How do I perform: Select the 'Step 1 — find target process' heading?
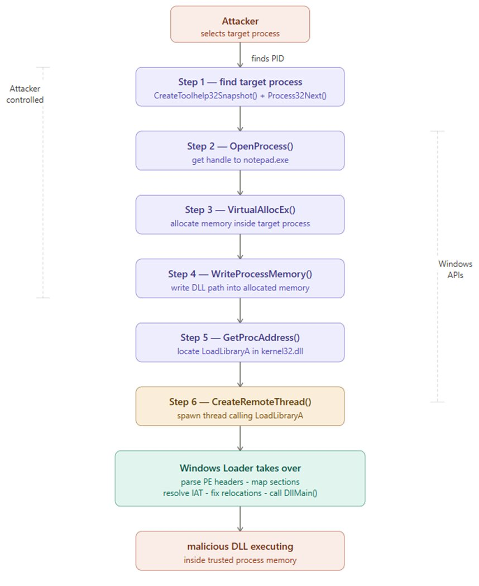[240, 82]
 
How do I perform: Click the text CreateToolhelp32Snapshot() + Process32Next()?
[240, 96]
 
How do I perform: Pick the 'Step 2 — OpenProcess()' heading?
[240, 146]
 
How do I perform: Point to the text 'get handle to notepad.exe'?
[240, 160]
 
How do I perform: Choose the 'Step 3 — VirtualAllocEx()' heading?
[240, 210]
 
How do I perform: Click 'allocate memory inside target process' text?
[240, 223]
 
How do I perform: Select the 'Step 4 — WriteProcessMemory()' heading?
[240, 274]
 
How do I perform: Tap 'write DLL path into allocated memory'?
[240, 288]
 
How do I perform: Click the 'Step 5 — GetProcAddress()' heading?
[240, 338]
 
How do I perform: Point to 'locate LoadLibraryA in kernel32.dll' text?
[240, 351]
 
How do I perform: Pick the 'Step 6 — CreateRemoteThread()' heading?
[240, 402]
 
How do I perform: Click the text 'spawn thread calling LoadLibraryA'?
[240, 415]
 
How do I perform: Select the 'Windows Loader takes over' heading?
[240, 468]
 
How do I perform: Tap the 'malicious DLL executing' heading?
[240, 546]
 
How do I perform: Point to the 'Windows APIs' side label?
[451, 269]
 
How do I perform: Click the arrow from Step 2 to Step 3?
[240, 182]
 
